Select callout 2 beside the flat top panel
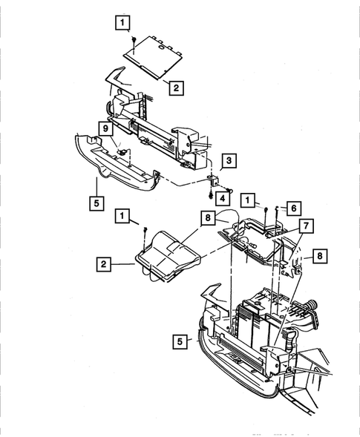[x=174, y=88]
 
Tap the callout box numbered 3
[x=231, y=160]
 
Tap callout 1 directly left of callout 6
[x=252, y=201]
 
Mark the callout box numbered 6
[x=293, y=209]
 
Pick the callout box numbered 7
[x=306, y=225]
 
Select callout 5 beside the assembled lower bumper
[x=179, y=342]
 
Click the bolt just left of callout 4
[x=211, y=196]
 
